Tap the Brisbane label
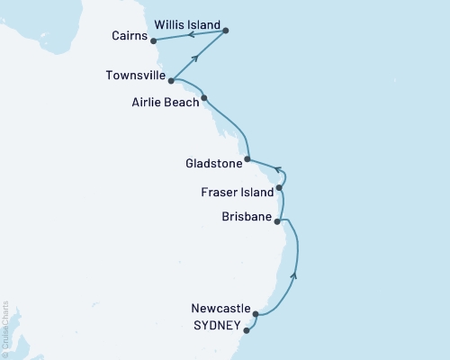click(x=245, y=217)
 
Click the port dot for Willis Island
click(x=225, y=31)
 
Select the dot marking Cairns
click(x=153, y=40)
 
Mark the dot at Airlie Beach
click(x=204, y=98)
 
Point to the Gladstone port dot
click(x=247, y=158)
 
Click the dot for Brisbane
click(x=277, y=220)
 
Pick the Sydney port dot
click(x=247, y=330)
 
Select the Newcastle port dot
click(x=256, y=315)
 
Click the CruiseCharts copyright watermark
click(x=5, y=329)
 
